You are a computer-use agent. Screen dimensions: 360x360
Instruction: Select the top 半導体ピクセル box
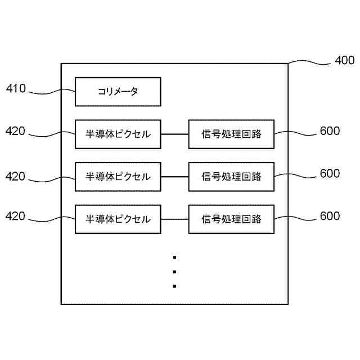[x=118, y=134]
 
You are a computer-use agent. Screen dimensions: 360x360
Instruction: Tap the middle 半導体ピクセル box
[x=118, y=177]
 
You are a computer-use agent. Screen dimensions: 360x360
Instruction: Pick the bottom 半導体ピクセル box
[x=118, y=219]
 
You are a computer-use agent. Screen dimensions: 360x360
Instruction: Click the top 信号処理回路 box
[x=231, y=134]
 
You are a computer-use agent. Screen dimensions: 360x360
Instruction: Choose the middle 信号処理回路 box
[x=231, y=177]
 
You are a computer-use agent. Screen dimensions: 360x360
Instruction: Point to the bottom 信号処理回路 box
[x=231, y=219]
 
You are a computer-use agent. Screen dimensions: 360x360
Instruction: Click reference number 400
[x=344, y=60]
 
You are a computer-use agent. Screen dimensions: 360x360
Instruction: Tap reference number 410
[x=16, y=88]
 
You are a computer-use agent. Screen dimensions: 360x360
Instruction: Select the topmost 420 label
[x=16, y=131]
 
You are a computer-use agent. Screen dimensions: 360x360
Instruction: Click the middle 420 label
[x=16, y=176]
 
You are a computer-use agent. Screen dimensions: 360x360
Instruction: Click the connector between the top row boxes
[x=174, y=134]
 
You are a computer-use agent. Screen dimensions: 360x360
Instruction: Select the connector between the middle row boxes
[x=174, y=177]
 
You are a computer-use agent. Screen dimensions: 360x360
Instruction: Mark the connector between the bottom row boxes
[x=174, y=219]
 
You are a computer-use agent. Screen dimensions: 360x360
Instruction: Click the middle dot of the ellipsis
[x=175, y=272]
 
